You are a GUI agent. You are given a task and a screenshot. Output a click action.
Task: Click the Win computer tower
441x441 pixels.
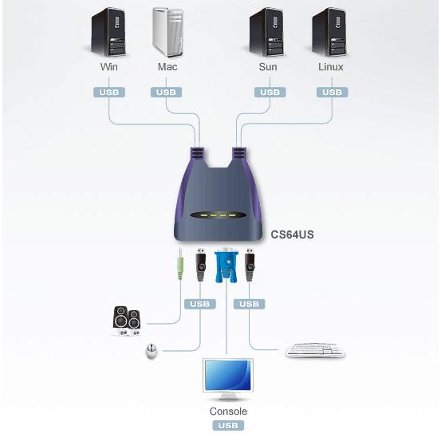pos(108,33)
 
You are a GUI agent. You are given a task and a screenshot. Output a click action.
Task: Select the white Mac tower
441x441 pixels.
pos(168,33)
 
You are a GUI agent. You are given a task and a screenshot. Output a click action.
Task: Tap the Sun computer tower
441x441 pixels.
pos(266,33)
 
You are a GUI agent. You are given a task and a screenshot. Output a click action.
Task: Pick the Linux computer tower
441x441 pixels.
pos(329,33)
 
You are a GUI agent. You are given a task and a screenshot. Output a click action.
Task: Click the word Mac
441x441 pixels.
pos(167,67)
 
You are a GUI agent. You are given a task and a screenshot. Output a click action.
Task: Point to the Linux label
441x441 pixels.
pos(331,67)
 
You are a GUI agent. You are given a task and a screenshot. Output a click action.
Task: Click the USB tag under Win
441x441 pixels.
pos(109,93)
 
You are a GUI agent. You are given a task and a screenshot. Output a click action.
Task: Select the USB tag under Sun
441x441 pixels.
pos(270,93)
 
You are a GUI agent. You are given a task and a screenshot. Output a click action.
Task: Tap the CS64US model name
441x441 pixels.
pos(292,234)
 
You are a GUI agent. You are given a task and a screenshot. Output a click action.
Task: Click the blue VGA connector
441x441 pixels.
pos(226,265)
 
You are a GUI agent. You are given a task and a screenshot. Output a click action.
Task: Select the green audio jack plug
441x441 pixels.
pos(180,265)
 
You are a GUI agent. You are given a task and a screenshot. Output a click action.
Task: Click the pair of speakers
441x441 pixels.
pos(126,321)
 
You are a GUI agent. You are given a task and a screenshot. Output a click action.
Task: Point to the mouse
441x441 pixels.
pos(152,351)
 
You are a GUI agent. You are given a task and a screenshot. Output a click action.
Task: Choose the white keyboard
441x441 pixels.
pos(315,350)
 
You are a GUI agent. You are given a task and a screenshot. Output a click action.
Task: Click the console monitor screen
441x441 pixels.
pos(228,375)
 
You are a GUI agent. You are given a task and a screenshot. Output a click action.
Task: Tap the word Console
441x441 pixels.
pos(228,411)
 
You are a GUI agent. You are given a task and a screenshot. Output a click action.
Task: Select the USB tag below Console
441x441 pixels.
pos(228,425)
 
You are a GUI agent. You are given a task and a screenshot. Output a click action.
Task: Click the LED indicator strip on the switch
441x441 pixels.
pos(219,215)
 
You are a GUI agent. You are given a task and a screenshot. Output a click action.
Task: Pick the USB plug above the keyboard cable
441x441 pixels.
pos(250,265)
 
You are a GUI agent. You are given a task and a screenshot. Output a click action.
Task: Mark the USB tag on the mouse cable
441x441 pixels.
pos(200,304)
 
